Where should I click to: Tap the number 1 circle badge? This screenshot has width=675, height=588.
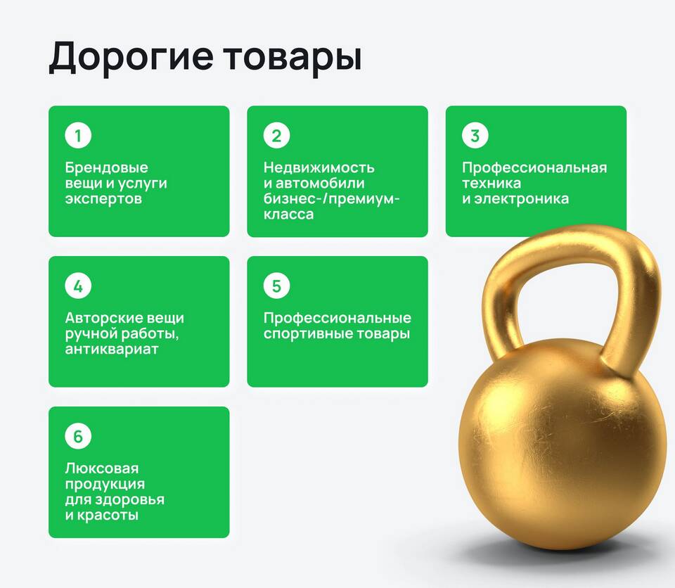[x=78, y=135]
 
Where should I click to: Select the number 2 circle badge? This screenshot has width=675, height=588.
[x=277, y=135]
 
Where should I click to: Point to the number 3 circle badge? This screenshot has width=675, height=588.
[x=475, y=135]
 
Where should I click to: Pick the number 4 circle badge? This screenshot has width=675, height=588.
[x=78, y=286]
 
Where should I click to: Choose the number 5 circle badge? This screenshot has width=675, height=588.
[x=277, y=286]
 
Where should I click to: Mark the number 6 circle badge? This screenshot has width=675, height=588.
[x=78, y=436]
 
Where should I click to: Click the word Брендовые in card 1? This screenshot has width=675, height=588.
[x=107, y=167]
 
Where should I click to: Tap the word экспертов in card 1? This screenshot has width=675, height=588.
[x=103, y=199]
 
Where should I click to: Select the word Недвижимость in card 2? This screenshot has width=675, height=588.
[x=319, y=167]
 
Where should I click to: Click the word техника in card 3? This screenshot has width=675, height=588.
[x=491, y=184]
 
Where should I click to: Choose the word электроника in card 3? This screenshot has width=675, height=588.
[x=521, y=199]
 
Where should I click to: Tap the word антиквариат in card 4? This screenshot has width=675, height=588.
[x=112, y=350]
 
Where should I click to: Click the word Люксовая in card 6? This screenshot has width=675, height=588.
[x=102, y=468]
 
